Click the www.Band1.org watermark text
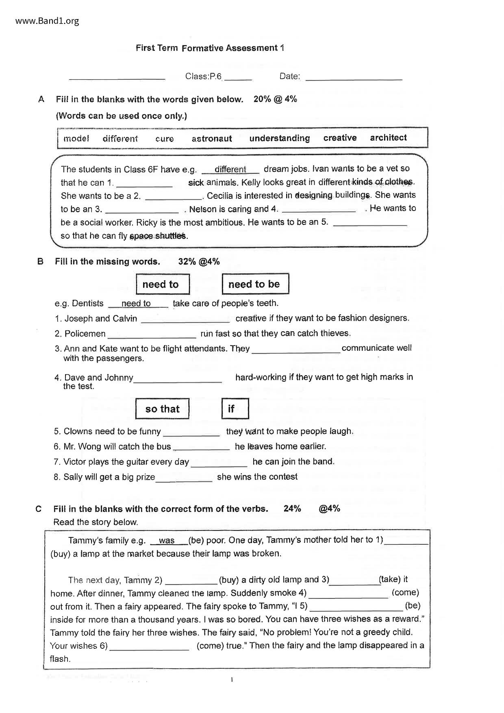(x=47, y=21)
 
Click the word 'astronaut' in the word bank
(x=212, y=139)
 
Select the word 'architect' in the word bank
(x=388, y=138)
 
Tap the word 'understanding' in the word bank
(x=279, y=138)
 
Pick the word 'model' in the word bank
(x=76, y=139)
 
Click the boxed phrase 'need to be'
(x=254, y=284)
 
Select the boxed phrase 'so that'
(x=162, y=409)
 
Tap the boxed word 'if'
(x=231, y=409)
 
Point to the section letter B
(x=40, y=262)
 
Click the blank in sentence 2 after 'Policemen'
(x=152, y=335)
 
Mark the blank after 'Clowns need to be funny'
(x=191, y=433)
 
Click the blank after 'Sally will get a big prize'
(x=184, y=479)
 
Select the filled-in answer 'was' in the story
(x=167, y=541)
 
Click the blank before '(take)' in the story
(x=354, y=582)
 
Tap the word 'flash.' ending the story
(x=60, y=659)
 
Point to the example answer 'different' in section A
(x=230, y=170)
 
